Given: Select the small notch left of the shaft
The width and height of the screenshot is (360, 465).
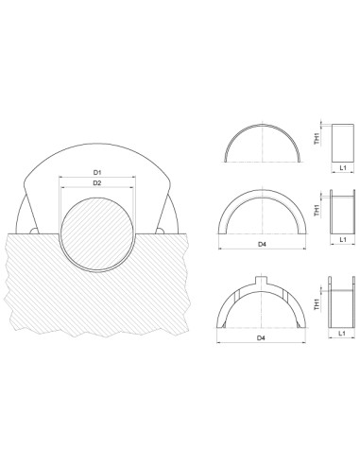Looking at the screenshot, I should coord(32,230).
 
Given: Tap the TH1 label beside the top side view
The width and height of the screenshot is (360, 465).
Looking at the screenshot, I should coord(317,139).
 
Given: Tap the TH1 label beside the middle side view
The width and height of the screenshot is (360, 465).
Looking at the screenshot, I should coord(317,212).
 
